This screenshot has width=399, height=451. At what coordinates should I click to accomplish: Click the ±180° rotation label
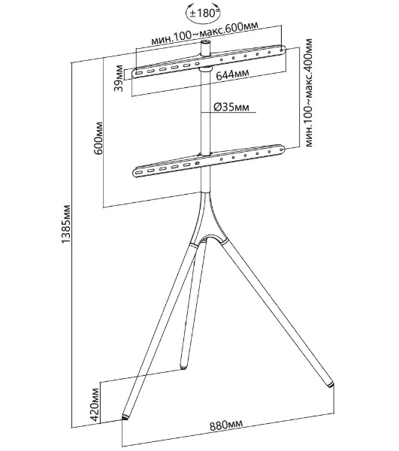coord(204,14)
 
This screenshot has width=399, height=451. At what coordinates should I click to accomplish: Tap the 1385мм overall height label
coord(66,224)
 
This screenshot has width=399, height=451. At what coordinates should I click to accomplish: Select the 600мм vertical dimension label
coord(98,138)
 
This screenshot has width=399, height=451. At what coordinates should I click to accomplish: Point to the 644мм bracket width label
coord(232,74)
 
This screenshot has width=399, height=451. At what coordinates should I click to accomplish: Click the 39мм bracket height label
coord(119,78)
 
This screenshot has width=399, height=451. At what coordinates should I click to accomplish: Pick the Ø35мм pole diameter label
coord(231,107)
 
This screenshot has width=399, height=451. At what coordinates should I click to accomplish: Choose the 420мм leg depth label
coord(96,405)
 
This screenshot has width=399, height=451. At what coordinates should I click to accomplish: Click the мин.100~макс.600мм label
coord(204,32)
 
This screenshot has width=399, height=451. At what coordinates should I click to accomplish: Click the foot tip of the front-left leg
coord(125,417)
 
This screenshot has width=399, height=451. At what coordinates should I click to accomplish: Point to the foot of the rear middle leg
coord(183,366)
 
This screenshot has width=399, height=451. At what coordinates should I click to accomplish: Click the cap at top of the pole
coord(205,43)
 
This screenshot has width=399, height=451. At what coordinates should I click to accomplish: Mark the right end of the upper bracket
coord(283,49)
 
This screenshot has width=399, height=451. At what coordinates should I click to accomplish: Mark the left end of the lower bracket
coord(136,173)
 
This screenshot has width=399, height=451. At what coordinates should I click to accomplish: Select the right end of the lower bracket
coord(282,149)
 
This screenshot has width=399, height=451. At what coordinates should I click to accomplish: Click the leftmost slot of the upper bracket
coord(138,74)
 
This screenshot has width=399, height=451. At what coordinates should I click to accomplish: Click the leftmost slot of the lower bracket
coord(139,173)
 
